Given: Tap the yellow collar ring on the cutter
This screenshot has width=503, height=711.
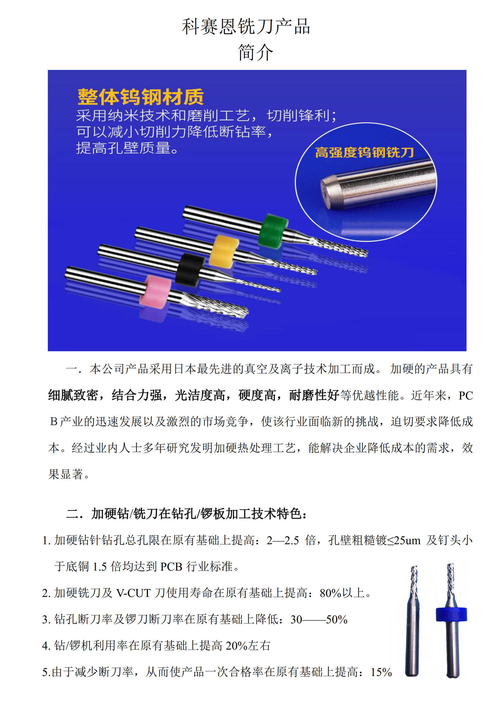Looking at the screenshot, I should (224, 251).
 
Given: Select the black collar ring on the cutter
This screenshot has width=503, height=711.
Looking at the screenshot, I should (190, 269).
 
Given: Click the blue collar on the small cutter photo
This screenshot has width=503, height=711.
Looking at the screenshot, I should (451, 614).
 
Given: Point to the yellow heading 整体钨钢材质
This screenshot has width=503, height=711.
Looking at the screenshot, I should (141, 97).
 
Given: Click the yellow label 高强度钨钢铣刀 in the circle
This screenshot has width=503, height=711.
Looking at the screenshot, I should (364, 153).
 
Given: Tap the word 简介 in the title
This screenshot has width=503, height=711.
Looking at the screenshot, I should (255, 53).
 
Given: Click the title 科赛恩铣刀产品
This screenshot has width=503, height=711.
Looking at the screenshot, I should (246, 27).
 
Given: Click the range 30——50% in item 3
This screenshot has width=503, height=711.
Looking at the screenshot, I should (319, 619).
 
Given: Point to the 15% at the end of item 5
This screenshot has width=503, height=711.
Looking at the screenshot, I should (381, 672).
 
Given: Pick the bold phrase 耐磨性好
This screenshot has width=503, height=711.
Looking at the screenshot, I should (314, 395).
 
